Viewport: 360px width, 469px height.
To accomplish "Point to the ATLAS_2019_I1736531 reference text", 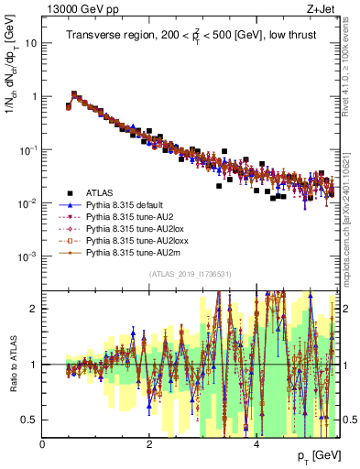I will click(190, 275).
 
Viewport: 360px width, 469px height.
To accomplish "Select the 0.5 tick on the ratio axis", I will click(29, 420).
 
